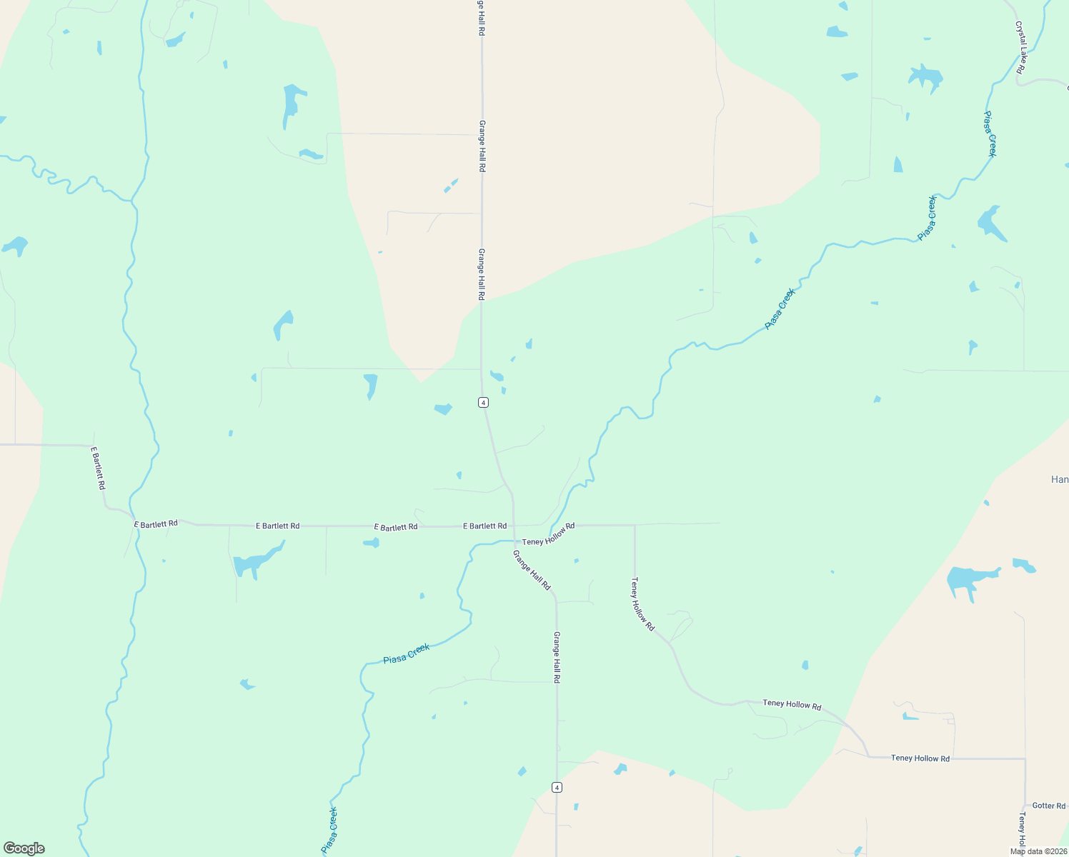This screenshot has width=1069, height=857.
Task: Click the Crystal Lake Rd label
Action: (1021, 47)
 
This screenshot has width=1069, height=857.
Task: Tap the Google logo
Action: (24, 848)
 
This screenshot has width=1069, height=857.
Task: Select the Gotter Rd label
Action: (1049, 806)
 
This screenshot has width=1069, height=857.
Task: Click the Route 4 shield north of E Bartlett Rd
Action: (484, 403)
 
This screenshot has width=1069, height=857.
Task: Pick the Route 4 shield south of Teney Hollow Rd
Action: (557, 787)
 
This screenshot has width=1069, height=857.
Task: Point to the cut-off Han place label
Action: (1060, 479)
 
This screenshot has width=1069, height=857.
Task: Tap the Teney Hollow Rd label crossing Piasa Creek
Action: (548, 534)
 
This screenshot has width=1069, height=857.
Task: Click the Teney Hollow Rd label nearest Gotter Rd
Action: (920, 758)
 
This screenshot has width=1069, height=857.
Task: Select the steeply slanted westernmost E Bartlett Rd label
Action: (99, 468)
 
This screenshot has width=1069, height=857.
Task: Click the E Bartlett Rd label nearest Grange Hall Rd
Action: (484, 526)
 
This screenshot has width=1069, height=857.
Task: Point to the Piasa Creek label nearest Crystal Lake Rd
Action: (990, 134)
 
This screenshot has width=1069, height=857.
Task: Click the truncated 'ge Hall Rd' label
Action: (482, 18)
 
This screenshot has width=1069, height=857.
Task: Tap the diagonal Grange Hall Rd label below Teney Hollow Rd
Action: (532, 570)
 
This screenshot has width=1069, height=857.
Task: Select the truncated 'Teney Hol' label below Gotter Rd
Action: (1023, 828)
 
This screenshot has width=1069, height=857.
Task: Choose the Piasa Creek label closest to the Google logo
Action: (329, 830)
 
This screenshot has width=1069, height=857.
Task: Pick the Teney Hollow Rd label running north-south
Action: (642, 604)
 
